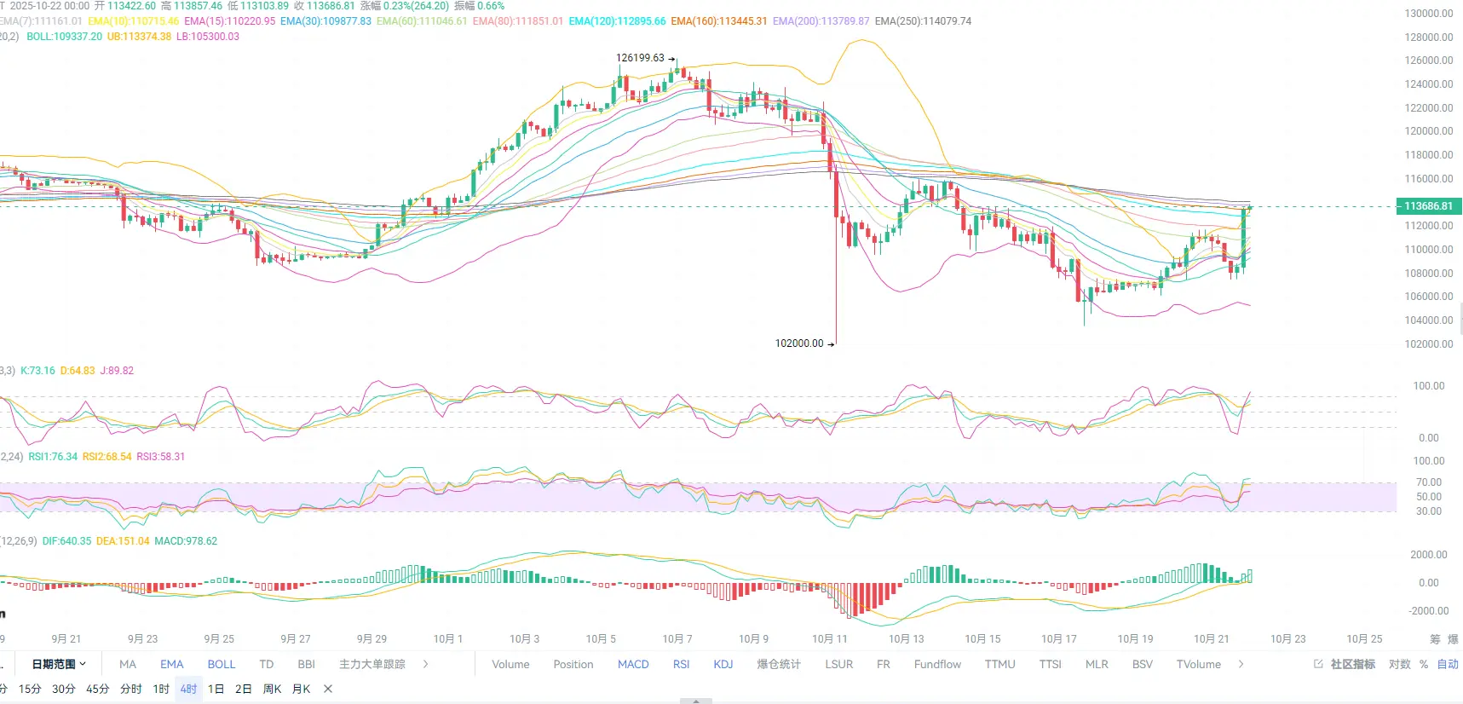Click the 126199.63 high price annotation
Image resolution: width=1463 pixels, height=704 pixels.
point(640,58)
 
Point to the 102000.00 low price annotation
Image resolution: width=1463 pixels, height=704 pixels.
point(799,343)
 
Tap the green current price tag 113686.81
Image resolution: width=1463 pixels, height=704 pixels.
point(1428,206)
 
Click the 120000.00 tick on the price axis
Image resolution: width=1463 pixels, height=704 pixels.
point(1428,131)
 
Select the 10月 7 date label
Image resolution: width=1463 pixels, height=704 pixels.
point(677,639)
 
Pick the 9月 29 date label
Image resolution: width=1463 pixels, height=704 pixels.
point(372,639)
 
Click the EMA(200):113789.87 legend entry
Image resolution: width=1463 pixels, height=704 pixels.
point(821,21)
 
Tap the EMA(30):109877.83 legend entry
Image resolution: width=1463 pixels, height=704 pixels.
point(325,21)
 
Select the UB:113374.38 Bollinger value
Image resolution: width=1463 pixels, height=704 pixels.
point(139,37)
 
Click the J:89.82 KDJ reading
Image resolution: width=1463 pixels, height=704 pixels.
point(117,371)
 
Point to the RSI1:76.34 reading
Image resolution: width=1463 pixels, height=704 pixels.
point(53,457)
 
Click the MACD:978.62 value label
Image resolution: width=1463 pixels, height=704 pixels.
point(186,541)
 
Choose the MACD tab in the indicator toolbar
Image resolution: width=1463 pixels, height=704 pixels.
point(633,665)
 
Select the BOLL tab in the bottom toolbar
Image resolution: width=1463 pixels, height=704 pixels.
point(222,665)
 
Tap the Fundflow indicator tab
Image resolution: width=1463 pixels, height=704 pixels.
point(937,665)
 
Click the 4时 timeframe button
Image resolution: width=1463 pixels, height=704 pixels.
point(188,690)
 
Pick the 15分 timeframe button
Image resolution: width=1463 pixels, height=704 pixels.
point(30,690)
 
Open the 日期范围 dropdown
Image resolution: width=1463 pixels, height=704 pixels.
point(59,665)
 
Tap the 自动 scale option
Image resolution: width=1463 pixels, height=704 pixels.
point(1448,665)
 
